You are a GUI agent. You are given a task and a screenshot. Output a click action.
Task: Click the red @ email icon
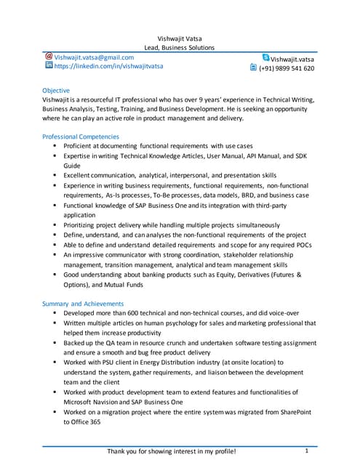(x=49, y=56)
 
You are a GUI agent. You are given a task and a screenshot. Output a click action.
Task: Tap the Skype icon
(x=265, y=57)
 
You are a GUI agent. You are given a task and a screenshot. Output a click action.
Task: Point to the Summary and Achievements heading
(x=83, y=303)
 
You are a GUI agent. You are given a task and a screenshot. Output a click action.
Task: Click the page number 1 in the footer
(x=307, y=451)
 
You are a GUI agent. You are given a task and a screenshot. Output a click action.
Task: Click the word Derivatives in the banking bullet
(x=262, y=275)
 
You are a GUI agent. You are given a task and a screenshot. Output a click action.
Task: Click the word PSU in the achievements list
(x=114, y=362)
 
